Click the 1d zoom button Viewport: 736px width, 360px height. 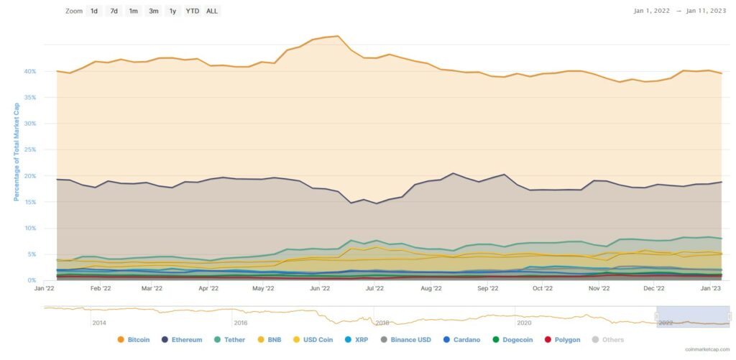(94, 11)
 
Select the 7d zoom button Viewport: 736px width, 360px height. (114, 11)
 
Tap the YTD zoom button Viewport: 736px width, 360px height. (193, 11)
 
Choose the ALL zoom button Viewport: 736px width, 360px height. (212, 11)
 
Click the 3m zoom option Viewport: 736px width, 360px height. (154, 11)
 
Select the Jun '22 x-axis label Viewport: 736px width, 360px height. (319, 289)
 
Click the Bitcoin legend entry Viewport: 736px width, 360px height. (134, 340)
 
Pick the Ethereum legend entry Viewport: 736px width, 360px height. (181, 340)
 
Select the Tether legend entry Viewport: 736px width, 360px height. (229, 340)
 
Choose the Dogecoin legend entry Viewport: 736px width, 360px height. (513, 340)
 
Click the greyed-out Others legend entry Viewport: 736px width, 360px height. (608, 340)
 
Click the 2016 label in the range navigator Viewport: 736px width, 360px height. (240, 323)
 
